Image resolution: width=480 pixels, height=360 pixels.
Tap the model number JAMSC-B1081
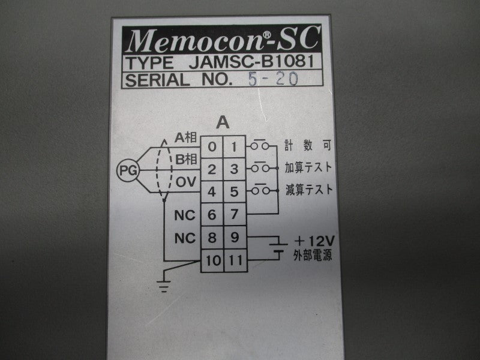[251, 62]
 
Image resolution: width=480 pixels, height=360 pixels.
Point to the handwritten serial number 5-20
[273, 79]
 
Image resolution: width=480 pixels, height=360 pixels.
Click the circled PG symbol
[128, 170]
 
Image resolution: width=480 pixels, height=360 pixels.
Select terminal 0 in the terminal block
[212, 147]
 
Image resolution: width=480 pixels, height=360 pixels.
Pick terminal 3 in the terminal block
[235, 169]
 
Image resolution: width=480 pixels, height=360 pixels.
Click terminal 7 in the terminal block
[235, 214]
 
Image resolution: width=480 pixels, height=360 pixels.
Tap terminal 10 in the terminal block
[212, 260]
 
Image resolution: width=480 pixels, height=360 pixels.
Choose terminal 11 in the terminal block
[235, 260]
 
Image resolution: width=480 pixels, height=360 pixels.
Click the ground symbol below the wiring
[164, 286]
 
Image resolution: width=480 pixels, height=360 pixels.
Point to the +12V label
[314, 241]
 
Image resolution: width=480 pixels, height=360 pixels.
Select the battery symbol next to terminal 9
[278, 248]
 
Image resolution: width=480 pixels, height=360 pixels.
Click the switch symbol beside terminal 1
[260, 145]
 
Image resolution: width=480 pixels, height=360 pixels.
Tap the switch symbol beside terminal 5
[260, 190]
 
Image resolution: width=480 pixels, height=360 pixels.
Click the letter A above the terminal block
[223, 123]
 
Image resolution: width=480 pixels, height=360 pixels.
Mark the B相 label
[186, 160]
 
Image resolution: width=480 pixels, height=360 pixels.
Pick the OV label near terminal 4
[186, 182]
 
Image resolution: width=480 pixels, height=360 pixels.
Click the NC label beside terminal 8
[185, 238]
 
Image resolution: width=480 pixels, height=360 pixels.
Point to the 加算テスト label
[308, 167]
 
